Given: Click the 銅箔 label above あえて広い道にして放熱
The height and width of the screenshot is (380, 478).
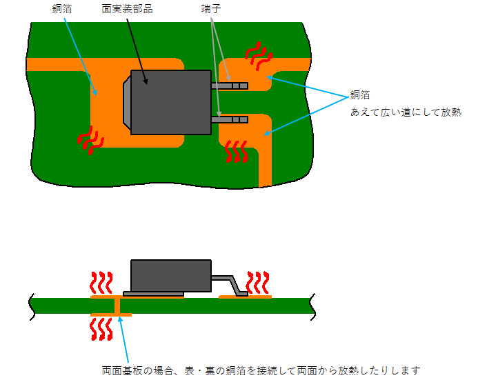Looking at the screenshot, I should pyautogui.click(x=360, y=94).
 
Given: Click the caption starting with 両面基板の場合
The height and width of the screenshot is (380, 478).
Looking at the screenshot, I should pyautogui.click(x=261, y=370).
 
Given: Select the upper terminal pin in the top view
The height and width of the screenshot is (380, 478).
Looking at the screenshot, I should pyautogui.click(x=230, y=86).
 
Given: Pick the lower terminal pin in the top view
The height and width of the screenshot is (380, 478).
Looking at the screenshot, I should pyautogui.click(x=230, y=119).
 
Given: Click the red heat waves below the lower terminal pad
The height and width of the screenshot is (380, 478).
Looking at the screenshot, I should pyautogui.click(x=237, y=151).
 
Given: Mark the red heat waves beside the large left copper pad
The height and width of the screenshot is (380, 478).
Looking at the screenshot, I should pyautogui.click(x=90, y=139).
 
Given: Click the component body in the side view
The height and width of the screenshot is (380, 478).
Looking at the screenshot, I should pyautogui.click(x=170, y=275).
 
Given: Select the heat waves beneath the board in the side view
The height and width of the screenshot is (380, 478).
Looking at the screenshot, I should pyautogui.click(x=102, y=328).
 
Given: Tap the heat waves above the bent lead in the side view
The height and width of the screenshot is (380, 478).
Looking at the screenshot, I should pyautogui.click(x=258, y=282).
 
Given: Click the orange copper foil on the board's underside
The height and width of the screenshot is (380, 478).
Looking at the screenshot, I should pyautogui.click(x=110, y=314).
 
